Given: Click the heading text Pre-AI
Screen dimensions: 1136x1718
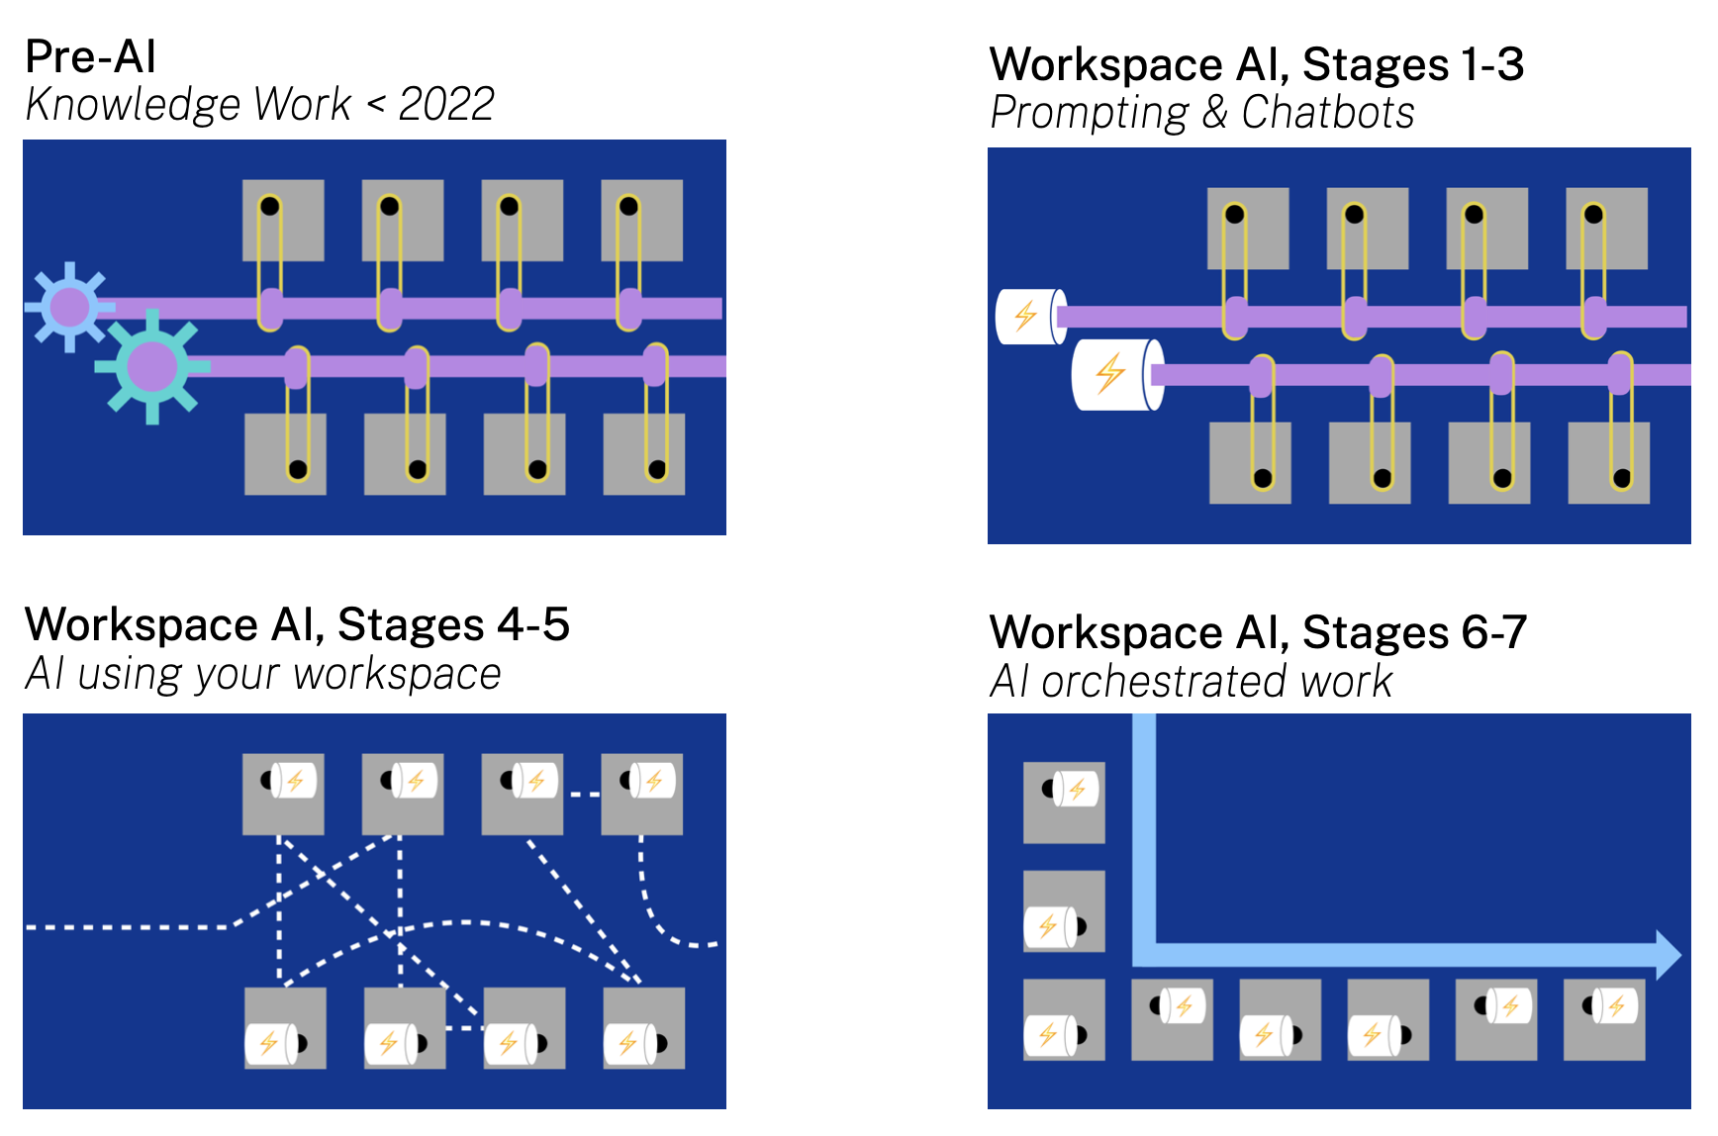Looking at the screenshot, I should [x=91, y=56].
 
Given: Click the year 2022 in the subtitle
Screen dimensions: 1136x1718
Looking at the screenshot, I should [x=446, y=104].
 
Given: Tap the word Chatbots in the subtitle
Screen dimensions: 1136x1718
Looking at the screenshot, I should [x=1328, y=113].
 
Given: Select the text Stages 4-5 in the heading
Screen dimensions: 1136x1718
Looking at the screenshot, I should [x=453, y=624].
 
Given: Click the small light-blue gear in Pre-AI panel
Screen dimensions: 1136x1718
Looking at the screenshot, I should [x=69, y=307].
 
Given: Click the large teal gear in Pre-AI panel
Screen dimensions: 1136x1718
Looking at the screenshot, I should [x=151, y=366].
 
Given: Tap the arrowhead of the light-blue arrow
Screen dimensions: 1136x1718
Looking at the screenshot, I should [x=1668, y=955].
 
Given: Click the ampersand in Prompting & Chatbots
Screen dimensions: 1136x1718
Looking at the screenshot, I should [x=1214, y=113].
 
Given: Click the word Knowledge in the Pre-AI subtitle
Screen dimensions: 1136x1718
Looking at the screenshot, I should [x=133, y=104].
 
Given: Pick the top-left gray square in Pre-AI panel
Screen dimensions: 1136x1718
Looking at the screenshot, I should [x=283, y=221].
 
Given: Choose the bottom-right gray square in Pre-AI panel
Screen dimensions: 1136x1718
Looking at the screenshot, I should [x=643, y=454].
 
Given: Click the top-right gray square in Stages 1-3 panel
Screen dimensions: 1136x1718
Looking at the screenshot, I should [x=1606, y=229].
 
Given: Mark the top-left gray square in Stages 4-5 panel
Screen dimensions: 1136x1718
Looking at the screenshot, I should [x=283, y=795].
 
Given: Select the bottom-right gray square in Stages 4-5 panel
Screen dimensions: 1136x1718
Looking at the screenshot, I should [x=643, y=1028].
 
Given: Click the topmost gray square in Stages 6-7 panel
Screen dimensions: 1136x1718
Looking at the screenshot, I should [x=1064, y=803].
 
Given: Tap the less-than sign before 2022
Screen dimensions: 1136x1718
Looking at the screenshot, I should [x=376, y=104].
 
